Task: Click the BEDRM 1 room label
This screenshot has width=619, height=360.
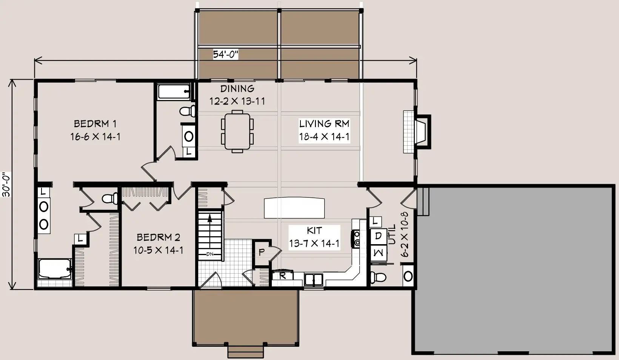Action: (x=95, y=124)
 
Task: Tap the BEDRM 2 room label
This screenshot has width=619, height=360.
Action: (x=159, y=237)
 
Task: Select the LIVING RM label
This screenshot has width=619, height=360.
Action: (x=324, y=123)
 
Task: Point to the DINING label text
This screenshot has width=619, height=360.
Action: (x=237, y=89)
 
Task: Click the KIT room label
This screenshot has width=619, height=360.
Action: (x=314, y=230)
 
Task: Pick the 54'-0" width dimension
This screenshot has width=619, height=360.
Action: (x=225, y=54)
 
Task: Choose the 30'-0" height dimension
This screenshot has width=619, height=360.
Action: (x=6, y=185)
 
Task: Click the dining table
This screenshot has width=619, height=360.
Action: (x=237, y=132)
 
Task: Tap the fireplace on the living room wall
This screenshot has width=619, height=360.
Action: (x=417, y=132)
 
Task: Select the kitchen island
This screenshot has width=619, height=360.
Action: (x=294, y=208)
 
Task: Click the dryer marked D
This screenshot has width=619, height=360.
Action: (x=378, y=236)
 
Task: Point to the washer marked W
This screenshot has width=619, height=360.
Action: (x=378, y=252)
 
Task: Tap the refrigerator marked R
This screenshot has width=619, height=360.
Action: (x=282, y=275)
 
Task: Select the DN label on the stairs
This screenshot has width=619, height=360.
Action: (x=209, y=254)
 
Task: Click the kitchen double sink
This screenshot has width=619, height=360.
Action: (x=313, y=280)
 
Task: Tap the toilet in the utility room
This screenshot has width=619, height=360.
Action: (x=378, y=277)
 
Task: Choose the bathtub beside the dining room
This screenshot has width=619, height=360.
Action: (x=174, y=91)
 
